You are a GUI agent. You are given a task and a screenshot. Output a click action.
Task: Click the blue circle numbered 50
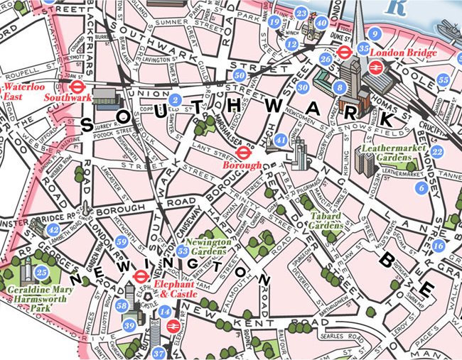pyautogui.click(x=240, y=75)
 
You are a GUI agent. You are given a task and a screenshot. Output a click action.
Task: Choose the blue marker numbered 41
pyautogui.click(x=281, y=140)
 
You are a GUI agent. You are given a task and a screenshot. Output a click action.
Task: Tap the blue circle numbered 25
pyautogui.click(x=42, y=272)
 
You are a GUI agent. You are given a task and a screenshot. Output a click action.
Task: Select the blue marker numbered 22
pyautogui.click(x=437, y=151)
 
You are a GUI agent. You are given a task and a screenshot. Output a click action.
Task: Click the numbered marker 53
pyautogui.click(x=183, y=251)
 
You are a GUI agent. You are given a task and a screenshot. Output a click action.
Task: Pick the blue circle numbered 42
pyautogui.click(x=53, y=230)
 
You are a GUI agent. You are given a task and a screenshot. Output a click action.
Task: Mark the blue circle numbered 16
pyautogui.click(x=438, y=246)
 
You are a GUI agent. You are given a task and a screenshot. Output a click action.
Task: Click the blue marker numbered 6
pyautogui.click(x=422, y=188)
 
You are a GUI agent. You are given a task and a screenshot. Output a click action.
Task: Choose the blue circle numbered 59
pyautogui.click(x=122, y=243)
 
